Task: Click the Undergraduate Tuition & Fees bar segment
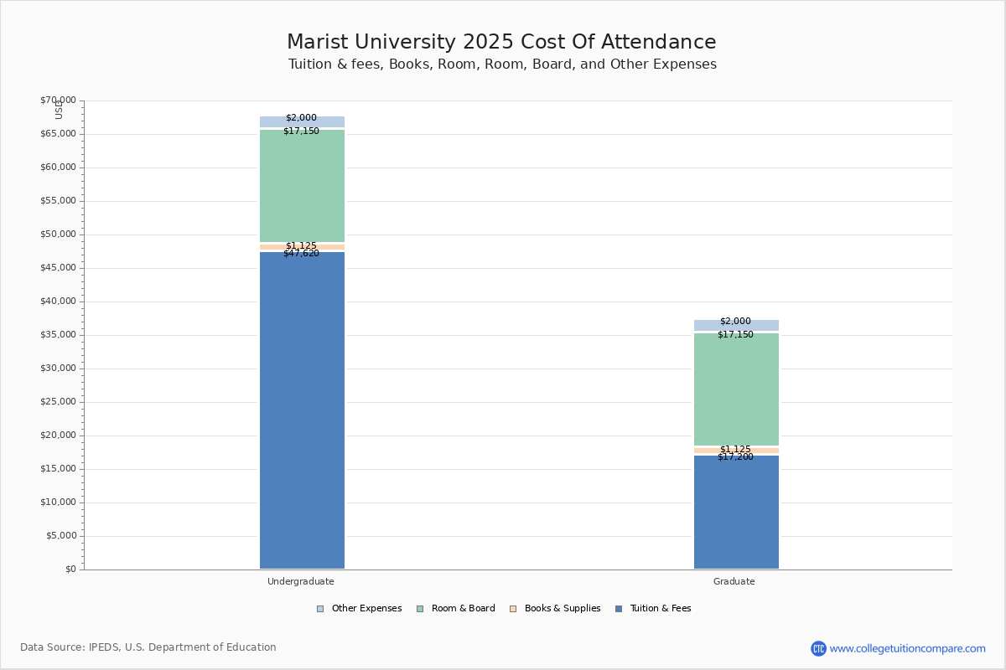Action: pyautogui.click(x=302, y=410)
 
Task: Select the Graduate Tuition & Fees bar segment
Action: pyautogui.click(x=736, y=513)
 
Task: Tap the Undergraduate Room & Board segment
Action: pyautogui.click(x=302, y=186)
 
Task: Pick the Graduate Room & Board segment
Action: pyautogui.click(x=736, y=389)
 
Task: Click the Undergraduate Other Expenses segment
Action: pyautogui.click(x=302, y=122)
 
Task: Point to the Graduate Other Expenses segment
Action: pyautogui.click(x=736, y=326)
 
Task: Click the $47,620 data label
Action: pyautogui.click(x=301, y=254)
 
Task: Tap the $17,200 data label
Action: pyautogui.click(x=735, y=457)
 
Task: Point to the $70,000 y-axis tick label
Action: pyautogui.click(x=58, y=100)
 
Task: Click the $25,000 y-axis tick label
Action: pyautogui.click(x=58, y=402)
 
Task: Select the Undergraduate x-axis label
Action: pyautogui.click(x=301, y=581)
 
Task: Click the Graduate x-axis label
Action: pyautogui.click(x=734, y=581)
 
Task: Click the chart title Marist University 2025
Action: pyautogui.click(x=501, y=43)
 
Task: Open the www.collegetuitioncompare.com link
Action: pyautogui.click(x=907, y=648)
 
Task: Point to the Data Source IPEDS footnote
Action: pyautogui.click(x=148, y=647)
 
